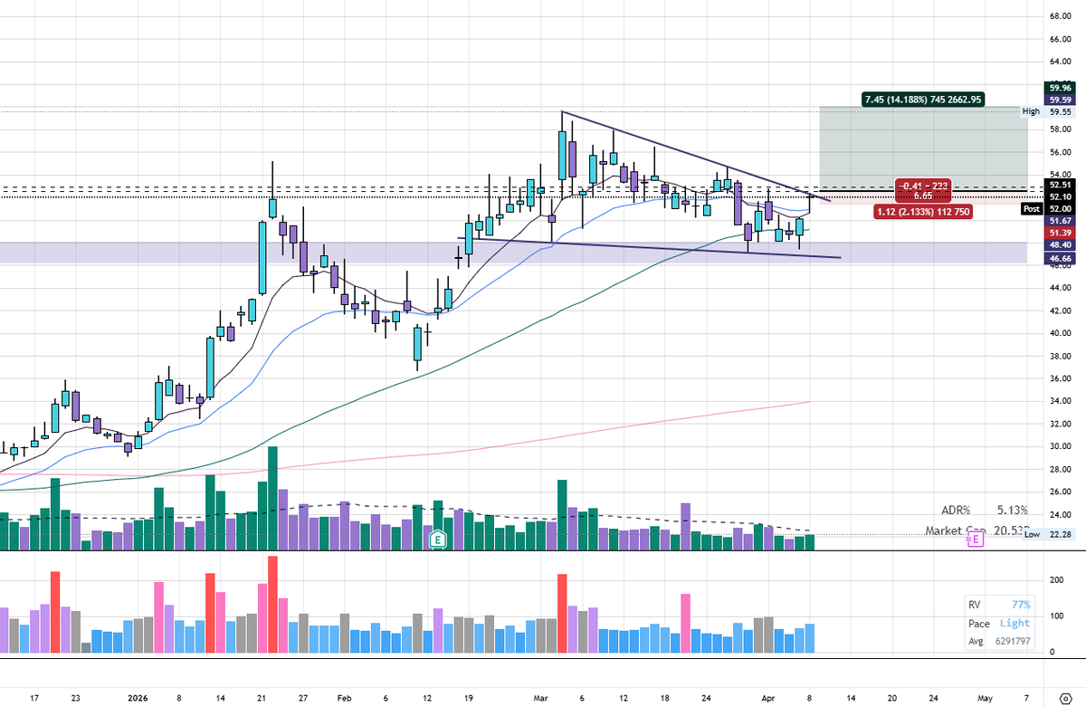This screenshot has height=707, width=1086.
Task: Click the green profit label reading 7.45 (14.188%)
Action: (923, 100)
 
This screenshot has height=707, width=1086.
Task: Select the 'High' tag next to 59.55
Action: (1031, 111)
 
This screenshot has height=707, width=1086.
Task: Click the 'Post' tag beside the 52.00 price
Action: (1031, 208)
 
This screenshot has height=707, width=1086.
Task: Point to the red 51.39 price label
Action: (1060, 233)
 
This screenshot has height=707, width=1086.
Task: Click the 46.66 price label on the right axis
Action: (1060, 258)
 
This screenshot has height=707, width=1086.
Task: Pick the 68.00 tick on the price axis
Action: (1060, 16)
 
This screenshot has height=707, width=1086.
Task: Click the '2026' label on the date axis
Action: (138, 699)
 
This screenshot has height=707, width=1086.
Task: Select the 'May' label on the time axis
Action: (984, 699)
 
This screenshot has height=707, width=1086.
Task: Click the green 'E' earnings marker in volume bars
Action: (438, 538)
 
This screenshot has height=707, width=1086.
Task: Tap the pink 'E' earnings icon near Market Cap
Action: (975, 539)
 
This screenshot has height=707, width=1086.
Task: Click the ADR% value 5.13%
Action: (1012, 510)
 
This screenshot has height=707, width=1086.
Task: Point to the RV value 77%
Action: (1020, 605)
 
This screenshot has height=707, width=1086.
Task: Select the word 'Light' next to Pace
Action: (1015, 624)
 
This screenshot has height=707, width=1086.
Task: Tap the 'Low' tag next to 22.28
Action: (1032, 535)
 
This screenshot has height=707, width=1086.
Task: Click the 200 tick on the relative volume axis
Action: (1054, 579)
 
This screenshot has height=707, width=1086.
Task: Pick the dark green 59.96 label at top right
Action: (1060, 88)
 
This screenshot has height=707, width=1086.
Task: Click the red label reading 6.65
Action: (922, 196)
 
